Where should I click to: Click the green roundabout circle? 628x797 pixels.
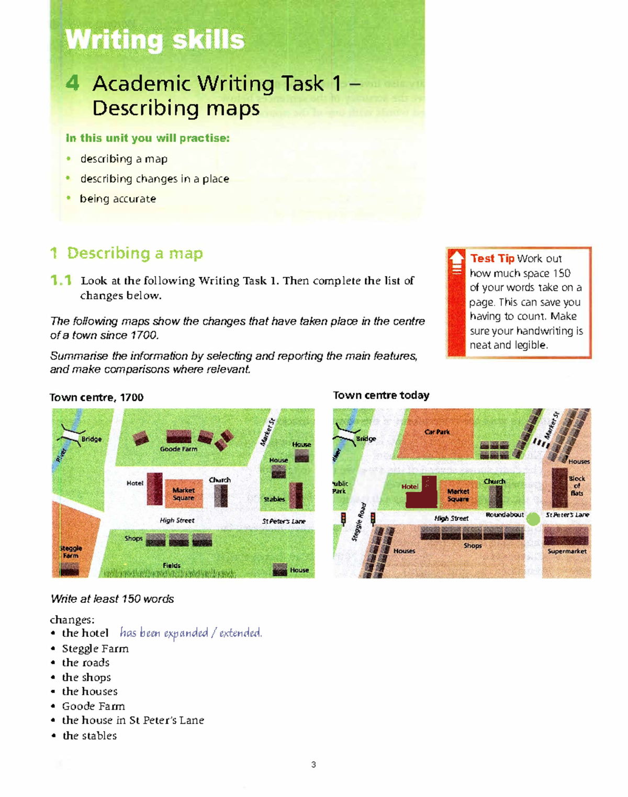click(x=533, y=519)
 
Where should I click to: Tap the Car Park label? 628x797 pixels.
click(x=437, y=432)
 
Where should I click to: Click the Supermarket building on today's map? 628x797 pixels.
click(x=566, y=536)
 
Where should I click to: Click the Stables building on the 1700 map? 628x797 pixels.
click(x=296, y=495)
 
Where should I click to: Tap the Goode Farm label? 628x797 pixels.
click(x=178, y=449)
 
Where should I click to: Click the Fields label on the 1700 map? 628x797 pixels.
click(x=172, y=565)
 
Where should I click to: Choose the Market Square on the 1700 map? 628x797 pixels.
click(x=183, y=494)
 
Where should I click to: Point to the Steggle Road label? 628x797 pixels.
click(x=359, y=522)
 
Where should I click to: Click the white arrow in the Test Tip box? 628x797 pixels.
click(x=457, y=258)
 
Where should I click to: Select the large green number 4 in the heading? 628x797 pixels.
click(x=73, y=83)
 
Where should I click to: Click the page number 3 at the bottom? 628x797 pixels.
click(x=313, y=765)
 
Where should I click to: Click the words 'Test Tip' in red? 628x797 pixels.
click(x=492, y=259)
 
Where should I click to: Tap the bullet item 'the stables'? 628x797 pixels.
click(x=89, y=735)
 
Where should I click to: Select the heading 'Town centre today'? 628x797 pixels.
click(x=381, y=395)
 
